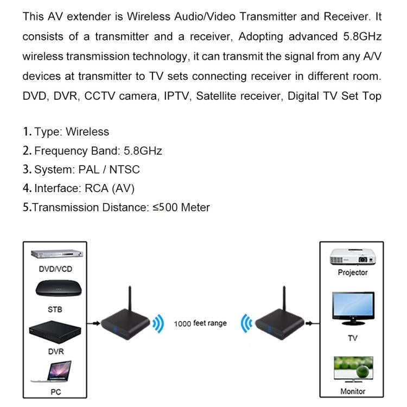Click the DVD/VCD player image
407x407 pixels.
point(55,255)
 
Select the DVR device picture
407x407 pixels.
point(55,331)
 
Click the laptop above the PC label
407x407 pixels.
point(55,372)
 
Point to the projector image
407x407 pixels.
point(352,257)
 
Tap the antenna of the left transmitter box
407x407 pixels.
point(129,302)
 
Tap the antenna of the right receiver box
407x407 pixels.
point(283,302)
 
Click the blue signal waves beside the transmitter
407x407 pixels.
point(157,324)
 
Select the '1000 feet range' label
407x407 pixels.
point(200,323)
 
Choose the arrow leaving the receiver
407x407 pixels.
point(311,323)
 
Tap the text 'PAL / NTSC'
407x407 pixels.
point(109,170)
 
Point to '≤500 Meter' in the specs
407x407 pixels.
point(181,207)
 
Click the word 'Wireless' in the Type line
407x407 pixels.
point(87,132)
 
